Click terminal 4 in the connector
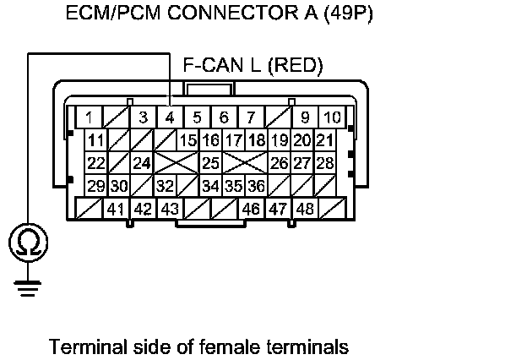coord(170,117)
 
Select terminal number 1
coord(89,117)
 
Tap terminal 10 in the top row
coord(332,117)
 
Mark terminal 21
coord(324,139)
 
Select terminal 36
coord(257,185)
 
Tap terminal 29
coord(96,185)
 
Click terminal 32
coord(165,185)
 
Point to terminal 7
coord(251,117)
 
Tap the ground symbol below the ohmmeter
coord(28,288)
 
